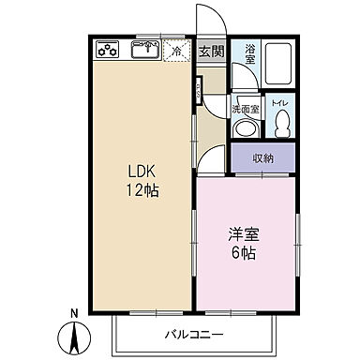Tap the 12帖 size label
coord(142,191)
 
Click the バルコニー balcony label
coord(195,334)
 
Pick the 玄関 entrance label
coord(211,52)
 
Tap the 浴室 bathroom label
coord(250,54)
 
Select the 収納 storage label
coord(263,157)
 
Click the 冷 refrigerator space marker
coord(175,52)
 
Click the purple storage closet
coord(263,157)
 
